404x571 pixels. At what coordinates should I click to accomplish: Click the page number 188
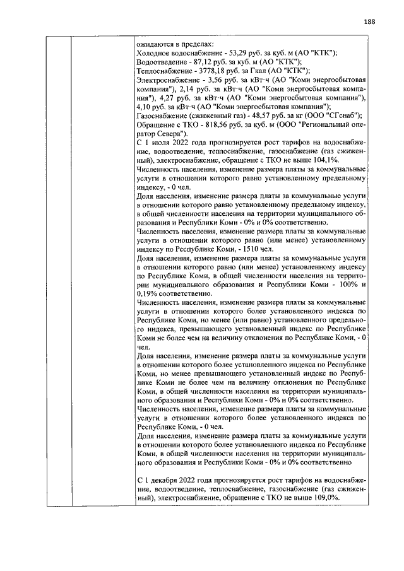click(370, 21)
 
